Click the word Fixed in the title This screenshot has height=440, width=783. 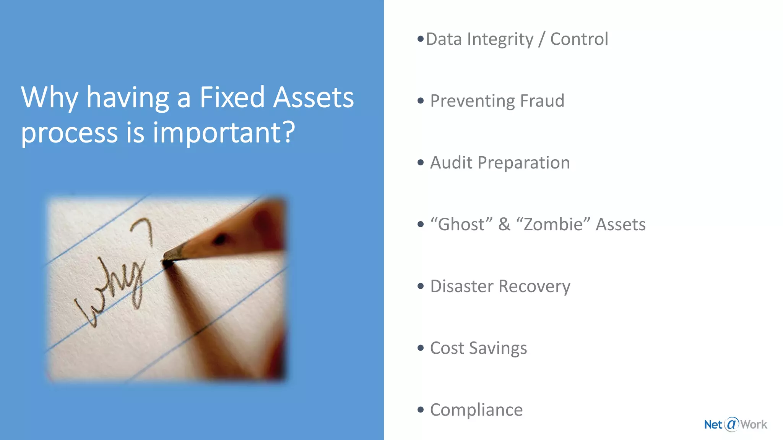pos(232,97)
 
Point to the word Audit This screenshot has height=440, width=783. pos(451,163)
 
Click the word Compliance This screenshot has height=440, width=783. pos(476,410)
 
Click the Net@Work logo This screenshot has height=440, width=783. pos(735,424)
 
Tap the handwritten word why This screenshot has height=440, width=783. pos(111,290)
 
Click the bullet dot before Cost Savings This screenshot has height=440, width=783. pos(421,348)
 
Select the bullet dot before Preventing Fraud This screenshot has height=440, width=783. pos(421,101)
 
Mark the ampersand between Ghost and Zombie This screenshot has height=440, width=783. pos(504,224)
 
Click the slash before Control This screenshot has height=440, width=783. pos(541,39)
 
